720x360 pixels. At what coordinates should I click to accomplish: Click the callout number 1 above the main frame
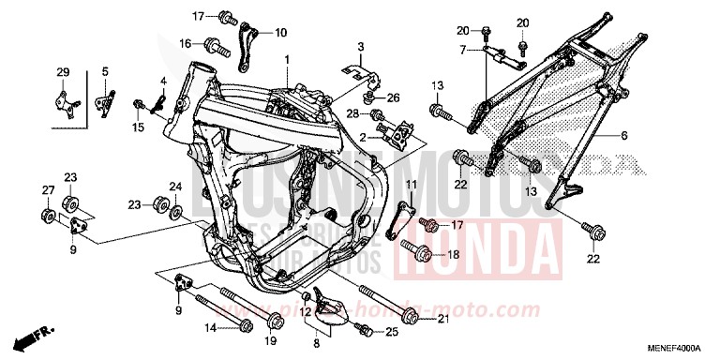[x=289, y=60]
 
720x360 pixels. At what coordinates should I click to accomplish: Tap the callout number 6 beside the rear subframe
[x=622, y=135]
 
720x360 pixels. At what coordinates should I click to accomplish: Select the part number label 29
[x=64, y=72]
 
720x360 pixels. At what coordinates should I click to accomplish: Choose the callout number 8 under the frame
[x=316, y=344]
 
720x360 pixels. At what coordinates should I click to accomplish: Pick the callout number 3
[x=358, y=46]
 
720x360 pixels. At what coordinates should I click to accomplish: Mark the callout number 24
[x=175, y=186]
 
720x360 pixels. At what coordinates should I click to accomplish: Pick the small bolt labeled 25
[x=366, y=331]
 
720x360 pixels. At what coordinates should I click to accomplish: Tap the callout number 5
[x=105, y=72]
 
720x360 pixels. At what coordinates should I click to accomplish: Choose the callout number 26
[x=394, y=97]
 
